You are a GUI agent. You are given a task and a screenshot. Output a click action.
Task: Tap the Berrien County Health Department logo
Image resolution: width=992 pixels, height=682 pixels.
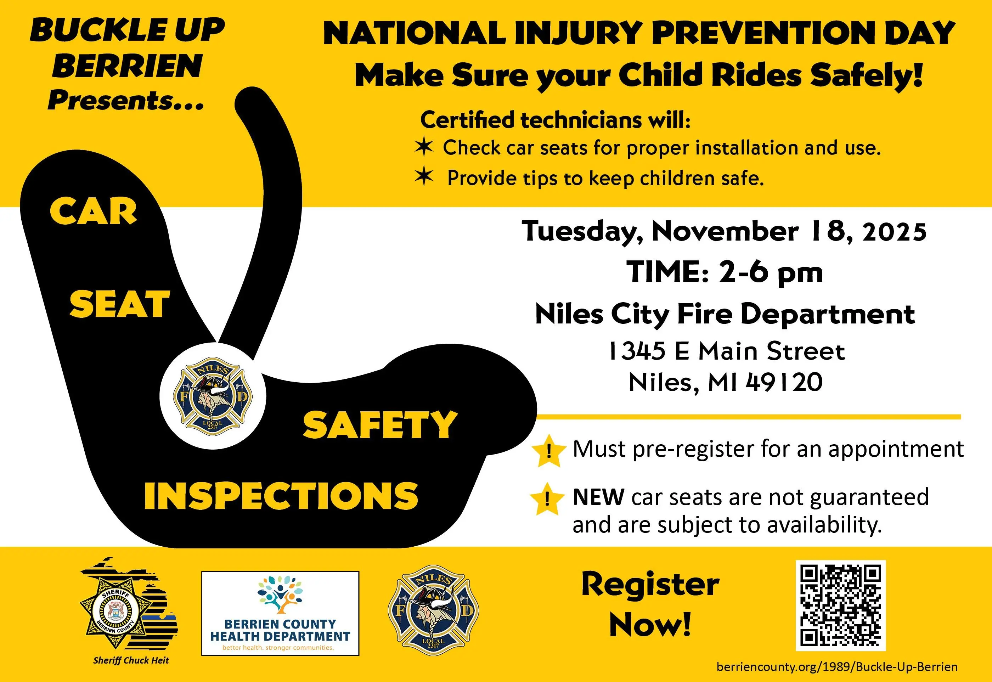click(280, 613)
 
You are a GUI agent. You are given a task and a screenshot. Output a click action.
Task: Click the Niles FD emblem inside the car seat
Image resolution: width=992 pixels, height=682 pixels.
click(212, 395)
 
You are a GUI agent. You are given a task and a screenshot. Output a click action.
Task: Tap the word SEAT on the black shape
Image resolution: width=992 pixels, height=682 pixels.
click(120, 304)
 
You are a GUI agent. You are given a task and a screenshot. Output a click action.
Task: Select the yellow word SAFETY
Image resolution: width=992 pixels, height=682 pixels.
click(380, 425)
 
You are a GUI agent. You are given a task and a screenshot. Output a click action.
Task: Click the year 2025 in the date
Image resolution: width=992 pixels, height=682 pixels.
click(895, 232)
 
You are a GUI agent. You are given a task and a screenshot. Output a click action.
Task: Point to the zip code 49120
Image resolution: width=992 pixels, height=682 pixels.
click(784, 382)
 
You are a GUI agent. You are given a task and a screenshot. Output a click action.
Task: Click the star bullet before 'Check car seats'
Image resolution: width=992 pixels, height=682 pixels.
click(424, 147)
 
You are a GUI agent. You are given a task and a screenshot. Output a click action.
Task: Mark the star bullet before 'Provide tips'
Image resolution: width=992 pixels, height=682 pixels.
click(424, 176)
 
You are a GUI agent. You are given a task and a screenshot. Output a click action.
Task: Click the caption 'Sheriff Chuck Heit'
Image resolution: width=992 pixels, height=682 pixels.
click(131, 660)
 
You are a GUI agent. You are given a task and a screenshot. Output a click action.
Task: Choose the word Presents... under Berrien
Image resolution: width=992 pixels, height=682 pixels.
click(126, 101)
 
